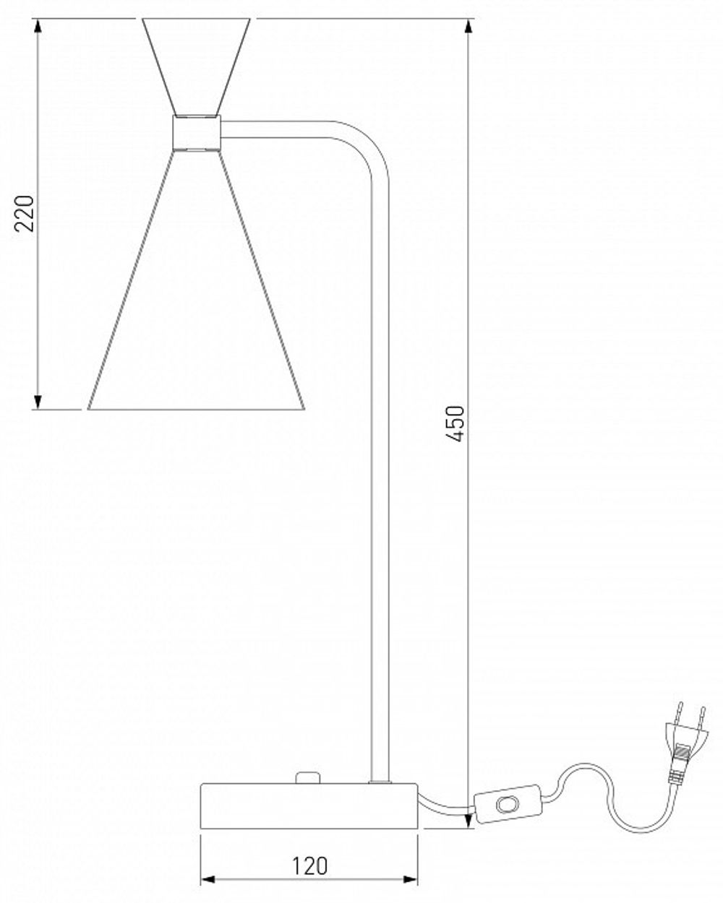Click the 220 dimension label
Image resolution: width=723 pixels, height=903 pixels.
point(26,213)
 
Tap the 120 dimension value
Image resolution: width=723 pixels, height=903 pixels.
point(309,865)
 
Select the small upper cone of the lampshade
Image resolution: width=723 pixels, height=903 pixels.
point(196,65)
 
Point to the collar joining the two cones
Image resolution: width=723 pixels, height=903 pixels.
point(196,134)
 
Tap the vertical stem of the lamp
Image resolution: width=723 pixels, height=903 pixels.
point(380,470)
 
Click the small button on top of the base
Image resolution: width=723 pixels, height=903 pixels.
point(308,777)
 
